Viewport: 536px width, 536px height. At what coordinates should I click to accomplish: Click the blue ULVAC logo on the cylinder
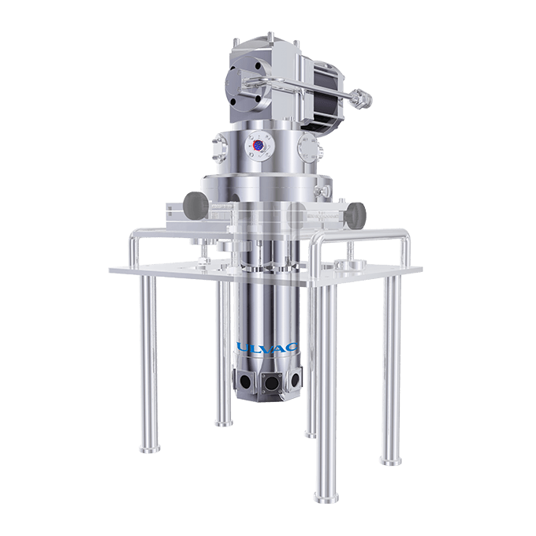(x=267, y=348)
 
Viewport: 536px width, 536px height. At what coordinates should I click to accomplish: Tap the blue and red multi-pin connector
(x=258, y=145)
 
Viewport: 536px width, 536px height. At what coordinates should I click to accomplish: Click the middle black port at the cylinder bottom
(x=271, y=382)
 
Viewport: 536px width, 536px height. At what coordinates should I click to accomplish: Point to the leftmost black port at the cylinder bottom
(x=245, y=380)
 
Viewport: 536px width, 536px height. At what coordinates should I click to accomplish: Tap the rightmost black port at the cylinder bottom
(x=295, y=378)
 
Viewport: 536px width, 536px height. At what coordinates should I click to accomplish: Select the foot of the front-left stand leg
(x=150, y=449)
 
